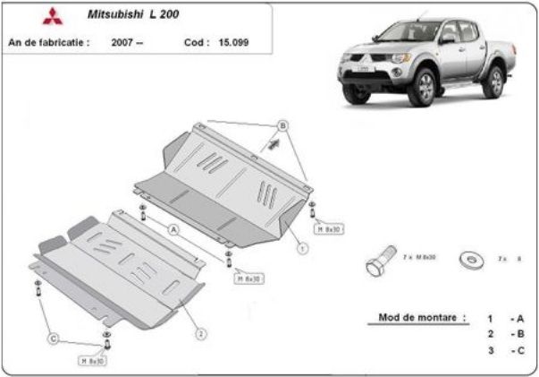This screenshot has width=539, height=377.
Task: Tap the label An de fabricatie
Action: tap(48, 41)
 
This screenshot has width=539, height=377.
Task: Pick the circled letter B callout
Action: tap(282, 124)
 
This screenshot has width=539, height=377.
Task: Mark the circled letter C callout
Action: tap(54, 338)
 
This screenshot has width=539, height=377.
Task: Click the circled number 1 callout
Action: tap(304, 246)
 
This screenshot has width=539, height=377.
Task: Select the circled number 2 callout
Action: tap(202, 334)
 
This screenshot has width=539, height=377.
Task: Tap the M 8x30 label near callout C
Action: tap(93, 361)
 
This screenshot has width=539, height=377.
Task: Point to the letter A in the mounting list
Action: tap(518, 318)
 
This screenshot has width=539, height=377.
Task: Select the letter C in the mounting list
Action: tap(518, 350)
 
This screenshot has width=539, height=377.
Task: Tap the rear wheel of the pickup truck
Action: tap(493, 81)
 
